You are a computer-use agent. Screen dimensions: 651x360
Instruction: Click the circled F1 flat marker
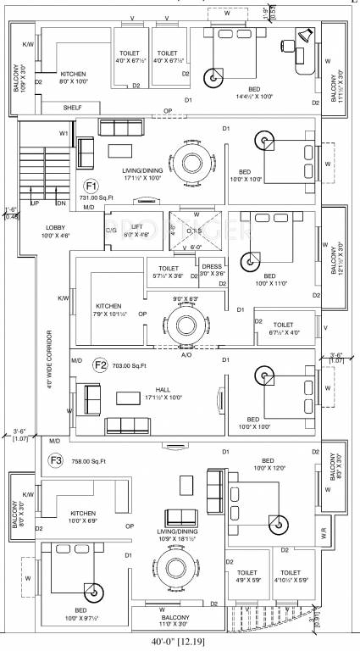point(91,186)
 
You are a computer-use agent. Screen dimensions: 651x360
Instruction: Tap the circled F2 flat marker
point(101,365)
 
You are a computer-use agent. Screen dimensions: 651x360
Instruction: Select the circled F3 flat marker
point(57,460)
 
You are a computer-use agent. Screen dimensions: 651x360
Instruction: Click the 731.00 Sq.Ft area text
point(96,198)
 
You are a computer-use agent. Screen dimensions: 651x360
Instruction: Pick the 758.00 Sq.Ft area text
point(88,461)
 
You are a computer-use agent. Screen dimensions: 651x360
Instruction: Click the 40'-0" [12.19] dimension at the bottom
point(180,642)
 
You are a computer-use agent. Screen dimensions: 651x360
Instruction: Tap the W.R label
point(324,532)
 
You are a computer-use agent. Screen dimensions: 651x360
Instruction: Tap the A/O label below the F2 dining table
point(186,355)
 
